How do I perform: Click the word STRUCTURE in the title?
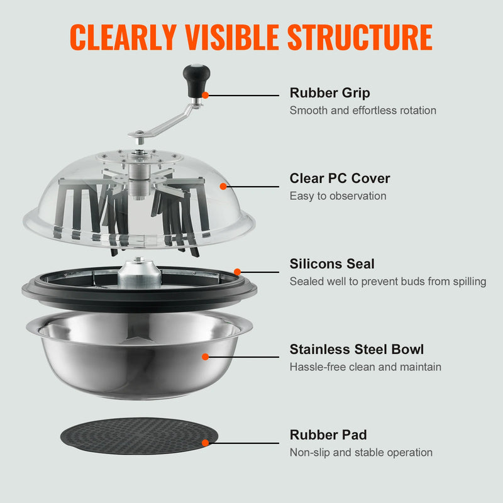click(x=360, y=37)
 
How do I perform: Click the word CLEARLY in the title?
click(x=123, y=37)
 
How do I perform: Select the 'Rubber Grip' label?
click(x=329, y=93)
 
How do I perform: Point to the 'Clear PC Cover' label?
click(x=340, y=179)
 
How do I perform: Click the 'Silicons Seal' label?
click(x=332, y=264)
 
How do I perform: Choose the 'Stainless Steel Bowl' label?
click(x=357, y=350)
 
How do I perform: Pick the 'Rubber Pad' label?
click(x=328, y=435)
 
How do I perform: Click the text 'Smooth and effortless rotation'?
click(x=362, y=111)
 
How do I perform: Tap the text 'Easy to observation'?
click(x=338, y=196)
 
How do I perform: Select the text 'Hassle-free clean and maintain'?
click(x=365, y=367)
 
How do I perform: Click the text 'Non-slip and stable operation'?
click(x=361, y=453)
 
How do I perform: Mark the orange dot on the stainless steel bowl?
click(x=206, y=357)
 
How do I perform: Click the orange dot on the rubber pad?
click(x=206, y=443)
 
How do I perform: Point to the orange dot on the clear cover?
click(x=223, y=186)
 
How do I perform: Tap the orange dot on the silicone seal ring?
click(x=237, y=272)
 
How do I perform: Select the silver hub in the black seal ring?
click(x=139, y=275)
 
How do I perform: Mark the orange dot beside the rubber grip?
click(x=206, y=96)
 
